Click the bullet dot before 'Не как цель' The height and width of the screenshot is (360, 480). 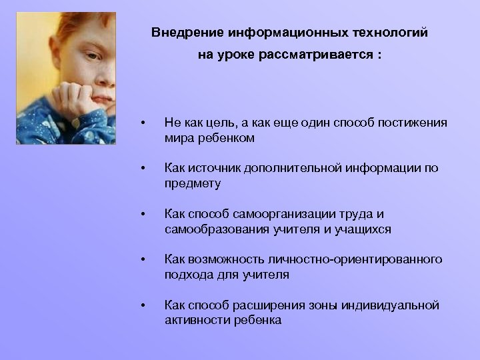coord(142,123)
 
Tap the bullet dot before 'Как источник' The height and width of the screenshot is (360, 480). coord(142,169)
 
